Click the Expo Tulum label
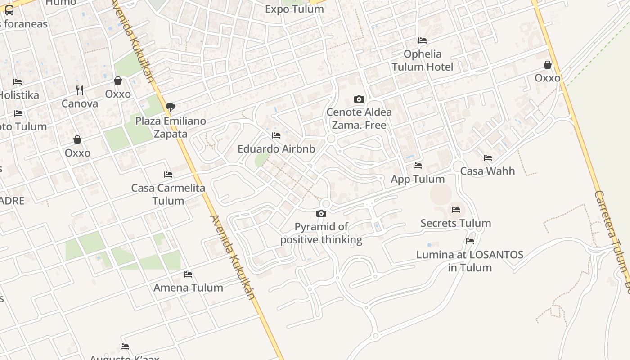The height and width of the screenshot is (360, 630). (x=294, y=9)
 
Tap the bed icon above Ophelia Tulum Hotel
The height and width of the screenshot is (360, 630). (x=423, y=40)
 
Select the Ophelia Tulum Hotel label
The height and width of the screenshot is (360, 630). (x=423, y=60)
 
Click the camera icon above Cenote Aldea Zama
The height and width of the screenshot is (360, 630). (x=359, y=99)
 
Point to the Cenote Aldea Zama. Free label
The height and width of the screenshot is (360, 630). (x=359, y=118)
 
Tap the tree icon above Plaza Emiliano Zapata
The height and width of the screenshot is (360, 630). (x=171, y=107)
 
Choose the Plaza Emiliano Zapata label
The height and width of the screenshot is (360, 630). (x=171, y=127)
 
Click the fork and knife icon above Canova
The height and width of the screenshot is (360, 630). (x=80, y=90)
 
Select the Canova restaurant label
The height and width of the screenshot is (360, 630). (x=80, y=103)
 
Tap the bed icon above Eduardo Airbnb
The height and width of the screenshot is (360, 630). (x=276, y=135)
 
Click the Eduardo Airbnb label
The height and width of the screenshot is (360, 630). (x=276, y=148)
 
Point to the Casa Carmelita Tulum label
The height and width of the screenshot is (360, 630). (x=168, y=194)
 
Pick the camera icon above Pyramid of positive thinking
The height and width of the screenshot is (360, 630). (x=321, y=213)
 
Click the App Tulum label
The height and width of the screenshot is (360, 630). (x=418, y=179)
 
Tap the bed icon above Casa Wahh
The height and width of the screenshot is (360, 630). (x=488, y=158)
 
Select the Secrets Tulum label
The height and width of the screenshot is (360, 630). (x=455, y=223)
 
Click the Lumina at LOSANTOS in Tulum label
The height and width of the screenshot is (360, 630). (x=470, y=261)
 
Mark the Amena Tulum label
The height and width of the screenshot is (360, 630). (x=188, y=287)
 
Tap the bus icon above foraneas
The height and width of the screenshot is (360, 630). (x=9, y=10)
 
